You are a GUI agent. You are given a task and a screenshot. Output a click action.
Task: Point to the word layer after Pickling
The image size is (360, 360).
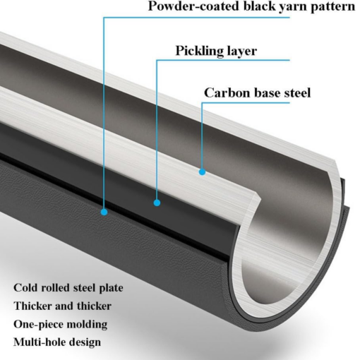[241, 52]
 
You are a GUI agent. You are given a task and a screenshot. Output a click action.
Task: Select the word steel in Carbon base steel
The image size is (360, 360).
[298, 93]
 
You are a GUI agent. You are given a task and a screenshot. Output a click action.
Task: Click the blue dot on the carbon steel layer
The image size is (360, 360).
[202, 172]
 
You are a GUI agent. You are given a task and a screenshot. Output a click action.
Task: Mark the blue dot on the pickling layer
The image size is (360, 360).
[157, 203]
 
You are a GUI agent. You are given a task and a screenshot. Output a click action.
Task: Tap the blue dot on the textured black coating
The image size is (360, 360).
[104, 212]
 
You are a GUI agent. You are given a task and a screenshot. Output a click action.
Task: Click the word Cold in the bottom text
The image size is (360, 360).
[26, 288]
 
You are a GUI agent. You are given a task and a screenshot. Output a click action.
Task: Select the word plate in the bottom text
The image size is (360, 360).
[111, 289]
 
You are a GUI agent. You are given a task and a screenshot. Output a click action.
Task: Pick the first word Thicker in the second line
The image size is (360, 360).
[32, 306]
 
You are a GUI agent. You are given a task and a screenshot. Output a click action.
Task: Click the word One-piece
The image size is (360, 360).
[38, 325]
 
